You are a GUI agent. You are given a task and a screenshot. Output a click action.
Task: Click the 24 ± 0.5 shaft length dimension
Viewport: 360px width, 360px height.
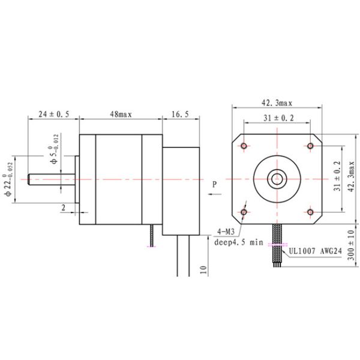(x=53, y=113)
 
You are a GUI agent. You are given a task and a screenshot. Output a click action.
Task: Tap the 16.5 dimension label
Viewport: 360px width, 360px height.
(x=181, y=113)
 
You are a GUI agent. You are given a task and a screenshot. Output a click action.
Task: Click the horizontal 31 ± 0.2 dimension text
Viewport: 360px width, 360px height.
(x=278, y=118)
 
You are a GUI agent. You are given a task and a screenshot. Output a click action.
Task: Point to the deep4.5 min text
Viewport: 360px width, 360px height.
(x=239, y=242)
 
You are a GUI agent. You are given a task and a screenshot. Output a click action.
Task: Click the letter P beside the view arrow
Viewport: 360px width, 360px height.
(x=214, y=184)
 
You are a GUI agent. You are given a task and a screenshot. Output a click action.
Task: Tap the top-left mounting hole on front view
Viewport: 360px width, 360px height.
(x=245, y=146)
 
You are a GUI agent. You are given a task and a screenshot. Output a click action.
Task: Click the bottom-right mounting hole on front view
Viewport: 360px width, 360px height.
(x=310, y=211)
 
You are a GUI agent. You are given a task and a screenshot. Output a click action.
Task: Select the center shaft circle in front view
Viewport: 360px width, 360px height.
(x=277, y=178)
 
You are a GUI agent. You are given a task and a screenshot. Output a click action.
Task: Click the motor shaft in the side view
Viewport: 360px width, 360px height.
(x=51, y=179)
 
